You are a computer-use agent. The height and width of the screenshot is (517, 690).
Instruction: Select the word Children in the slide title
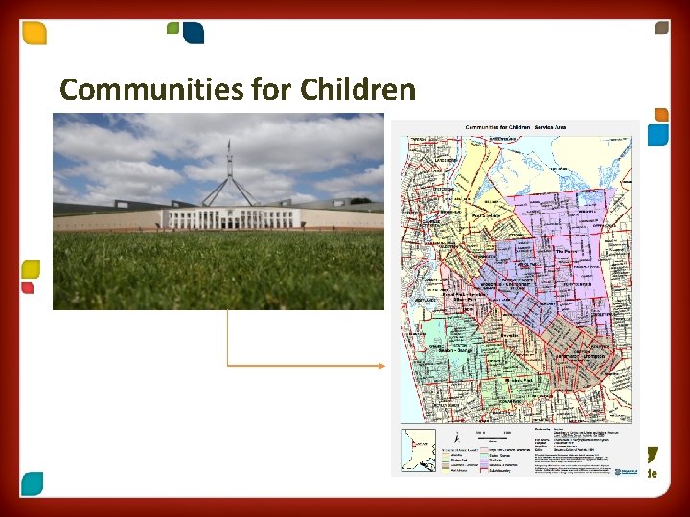pos(357,90)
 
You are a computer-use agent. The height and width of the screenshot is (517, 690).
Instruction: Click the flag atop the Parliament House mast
pos(229,145)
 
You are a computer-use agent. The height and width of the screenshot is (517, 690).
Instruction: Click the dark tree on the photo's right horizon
pos(360,201)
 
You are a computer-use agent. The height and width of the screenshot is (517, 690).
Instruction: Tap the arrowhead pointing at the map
pos(381,366)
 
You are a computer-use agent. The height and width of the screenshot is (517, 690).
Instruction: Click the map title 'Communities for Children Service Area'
pos(516,127)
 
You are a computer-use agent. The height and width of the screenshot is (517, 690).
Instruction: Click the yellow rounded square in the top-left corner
pos(34,34)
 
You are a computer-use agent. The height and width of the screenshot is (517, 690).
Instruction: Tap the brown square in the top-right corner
pos(661,28)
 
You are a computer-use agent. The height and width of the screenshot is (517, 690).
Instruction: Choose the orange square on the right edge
pos(661,115)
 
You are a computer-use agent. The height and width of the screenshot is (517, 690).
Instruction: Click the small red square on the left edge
pos(28,288)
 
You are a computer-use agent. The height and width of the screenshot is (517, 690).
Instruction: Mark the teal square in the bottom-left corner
pos(32,483)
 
